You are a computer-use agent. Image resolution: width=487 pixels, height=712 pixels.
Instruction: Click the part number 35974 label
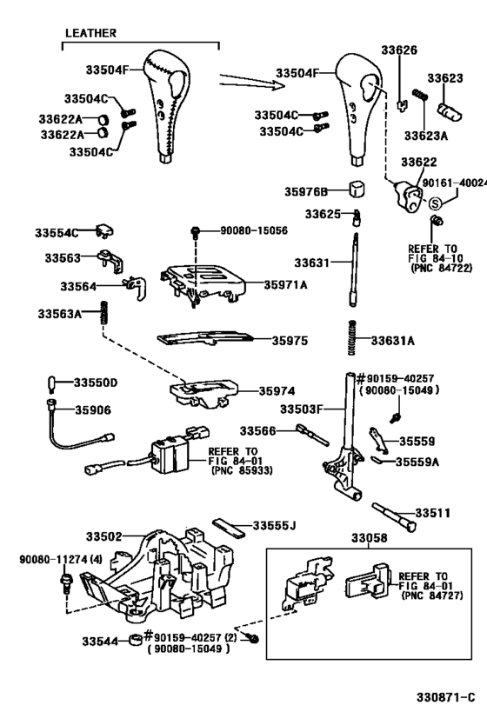click(x=277, y=391)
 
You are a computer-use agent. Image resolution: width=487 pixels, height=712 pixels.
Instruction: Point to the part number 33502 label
click(x=103, y=538)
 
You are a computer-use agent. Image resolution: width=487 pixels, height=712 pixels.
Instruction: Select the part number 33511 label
click(x=433, y=514)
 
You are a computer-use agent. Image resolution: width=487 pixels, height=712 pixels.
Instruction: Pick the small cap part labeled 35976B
click(x=356, y=190)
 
